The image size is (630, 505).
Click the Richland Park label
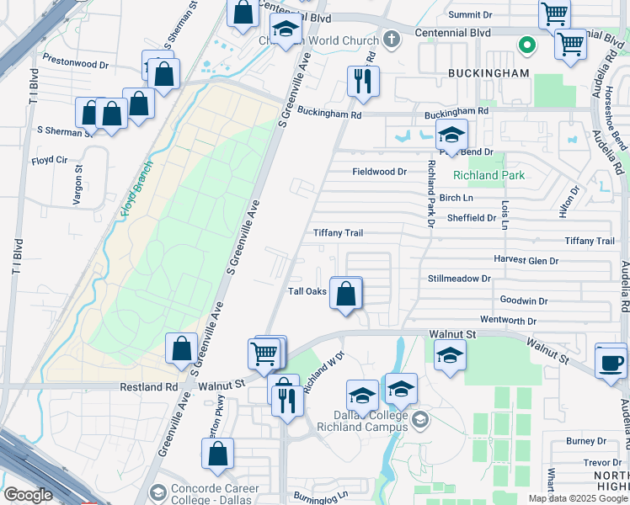click(489, 176)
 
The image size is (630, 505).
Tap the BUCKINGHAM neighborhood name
click(489, 73)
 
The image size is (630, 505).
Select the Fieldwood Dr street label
click(379, 172)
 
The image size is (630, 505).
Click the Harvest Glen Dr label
click(526, 260)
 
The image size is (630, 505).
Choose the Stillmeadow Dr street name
click(459, 278)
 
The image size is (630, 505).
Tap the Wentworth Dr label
click(508, 321)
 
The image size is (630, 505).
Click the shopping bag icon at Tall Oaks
click(346, 294)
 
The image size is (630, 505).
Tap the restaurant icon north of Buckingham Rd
click(364, 82)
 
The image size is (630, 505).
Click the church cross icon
click(390, 39)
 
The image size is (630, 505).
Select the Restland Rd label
click(153, 387)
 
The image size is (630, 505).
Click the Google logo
click(28, 495)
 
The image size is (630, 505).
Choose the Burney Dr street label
click(586, 441)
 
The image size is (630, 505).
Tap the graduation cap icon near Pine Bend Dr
click(451, 136)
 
